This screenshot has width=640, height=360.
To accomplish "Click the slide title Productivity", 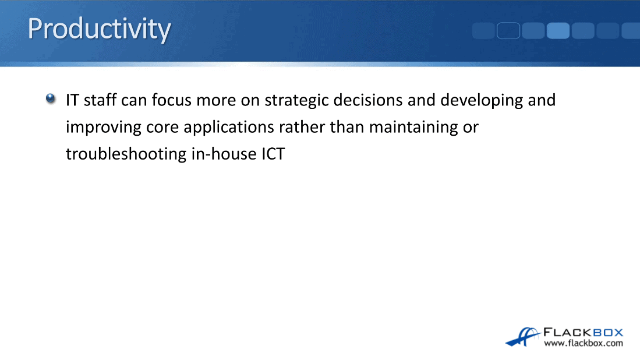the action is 99,29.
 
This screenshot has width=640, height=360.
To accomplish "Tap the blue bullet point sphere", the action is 51,98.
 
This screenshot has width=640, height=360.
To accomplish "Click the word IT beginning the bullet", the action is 72,100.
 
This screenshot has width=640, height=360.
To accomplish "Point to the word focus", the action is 171,100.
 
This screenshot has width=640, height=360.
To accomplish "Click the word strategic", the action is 297,101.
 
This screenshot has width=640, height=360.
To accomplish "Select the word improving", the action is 104,128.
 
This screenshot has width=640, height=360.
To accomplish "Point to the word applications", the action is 228,128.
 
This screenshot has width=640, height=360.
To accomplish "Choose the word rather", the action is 302,127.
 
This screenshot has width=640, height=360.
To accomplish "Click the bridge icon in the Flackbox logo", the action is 523,337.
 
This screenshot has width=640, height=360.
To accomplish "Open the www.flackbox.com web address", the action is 584,343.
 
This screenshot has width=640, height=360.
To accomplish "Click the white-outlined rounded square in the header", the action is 508,31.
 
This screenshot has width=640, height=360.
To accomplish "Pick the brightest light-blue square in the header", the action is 558,31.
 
